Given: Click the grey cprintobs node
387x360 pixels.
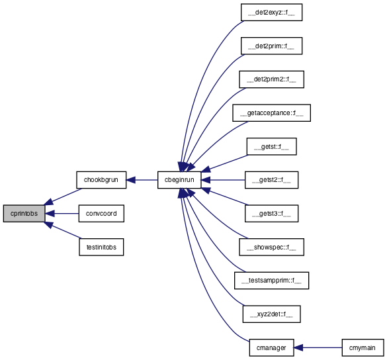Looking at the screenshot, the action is (x=24, y=213).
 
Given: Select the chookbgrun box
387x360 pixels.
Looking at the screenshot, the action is (x=101, y=180).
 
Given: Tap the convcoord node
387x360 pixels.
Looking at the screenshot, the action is (x=101, y=213).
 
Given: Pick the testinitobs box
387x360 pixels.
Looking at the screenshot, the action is (x=101, y=247).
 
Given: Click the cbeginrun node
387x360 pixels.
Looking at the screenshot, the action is (x=179, y=180).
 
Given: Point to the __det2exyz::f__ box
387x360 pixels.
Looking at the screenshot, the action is (x=271, y=13).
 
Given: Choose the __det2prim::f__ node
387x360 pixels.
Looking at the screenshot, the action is (x=271, y=46).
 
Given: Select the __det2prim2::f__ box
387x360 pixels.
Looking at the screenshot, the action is (x=271, y=79).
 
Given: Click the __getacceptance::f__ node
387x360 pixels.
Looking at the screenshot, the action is (x=271, y=113).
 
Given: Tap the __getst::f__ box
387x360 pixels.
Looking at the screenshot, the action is (x=271, y=146).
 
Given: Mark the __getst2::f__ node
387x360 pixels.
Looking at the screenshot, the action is (x=271, y=180).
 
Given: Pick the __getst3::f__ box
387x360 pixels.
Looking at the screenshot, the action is (x=271, y=213).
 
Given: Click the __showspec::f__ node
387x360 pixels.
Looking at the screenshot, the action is (x=271, y=247).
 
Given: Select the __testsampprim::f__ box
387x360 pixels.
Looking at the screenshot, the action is (x=271, y=281).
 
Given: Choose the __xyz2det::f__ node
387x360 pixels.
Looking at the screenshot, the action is (x=271, y=314).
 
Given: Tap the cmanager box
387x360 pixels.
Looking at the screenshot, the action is (x=271, y=347).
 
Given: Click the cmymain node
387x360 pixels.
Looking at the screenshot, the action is (x=363, y=347).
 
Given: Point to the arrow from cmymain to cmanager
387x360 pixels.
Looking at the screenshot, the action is (x=318, y=347).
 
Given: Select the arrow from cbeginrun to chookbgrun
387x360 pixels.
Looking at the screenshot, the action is (x=142, y=180).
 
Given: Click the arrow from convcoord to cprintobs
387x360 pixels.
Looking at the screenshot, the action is (x=62, y=213).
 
